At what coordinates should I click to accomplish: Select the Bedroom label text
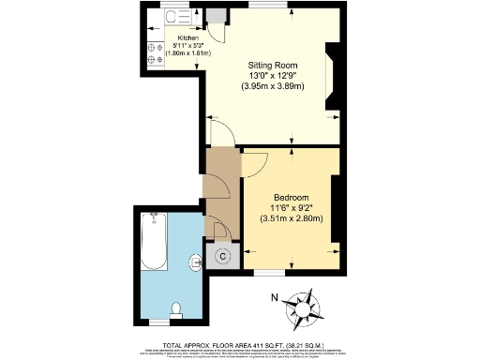(x=291, y=197)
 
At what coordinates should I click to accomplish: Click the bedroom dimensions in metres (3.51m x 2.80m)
(x=291, y=219)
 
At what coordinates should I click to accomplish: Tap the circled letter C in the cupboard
(x=223, y=255)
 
